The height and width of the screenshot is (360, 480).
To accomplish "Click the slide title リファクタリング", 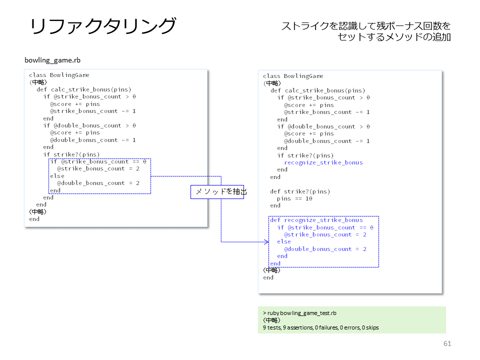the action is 103,25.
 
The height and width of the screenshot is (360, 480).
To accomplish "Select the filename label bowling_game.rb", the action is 52,60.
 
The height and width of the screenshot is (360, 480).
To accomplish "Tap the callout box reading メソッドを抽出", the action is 217,192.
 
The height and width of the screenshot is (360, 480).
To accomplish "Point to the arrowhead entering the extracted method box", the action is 266,242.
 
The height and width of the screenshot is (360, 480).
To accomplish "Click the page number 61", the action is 447,343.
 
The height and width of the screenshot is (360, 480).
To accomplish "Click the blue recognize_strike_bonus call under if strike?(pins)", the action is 323,162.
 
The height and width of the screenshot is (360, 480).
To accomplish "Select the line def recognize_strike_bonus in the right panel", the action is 316,220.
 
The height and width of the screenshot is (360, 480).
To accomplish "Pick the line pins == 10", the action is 294,198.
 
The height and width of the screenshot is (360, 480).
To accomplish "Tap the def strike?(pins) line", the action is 300,191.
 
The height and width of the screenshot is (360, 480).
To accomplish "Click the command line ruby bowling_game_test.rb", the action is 299,313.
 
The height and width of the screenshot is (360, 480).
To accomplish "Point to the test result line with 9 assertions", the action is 320,327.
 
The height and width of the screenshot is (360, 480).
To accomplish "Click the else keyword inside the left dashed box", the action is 57,176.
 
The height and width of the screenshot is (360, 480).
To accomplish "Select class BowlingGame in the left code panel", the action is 59,75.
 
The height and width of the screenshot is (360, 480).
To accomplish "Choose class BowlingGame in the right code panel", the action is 293,76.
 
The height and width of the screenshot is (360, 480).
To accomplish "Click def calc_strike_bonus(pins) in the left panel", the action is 84,89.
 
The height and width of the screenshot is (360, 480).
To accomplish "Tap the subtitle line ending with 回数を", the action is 366,26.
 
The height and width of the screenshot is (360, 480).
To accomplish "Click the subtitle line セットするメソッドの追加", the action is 394,37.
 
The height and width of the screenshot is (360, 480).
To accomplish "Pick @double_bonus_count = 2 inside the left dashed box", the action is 98,183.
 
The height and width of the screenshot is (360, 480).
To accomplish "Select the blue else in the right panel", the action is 284,241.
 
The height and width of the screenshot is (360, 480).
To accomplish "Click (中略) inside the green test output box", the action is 271,320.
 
